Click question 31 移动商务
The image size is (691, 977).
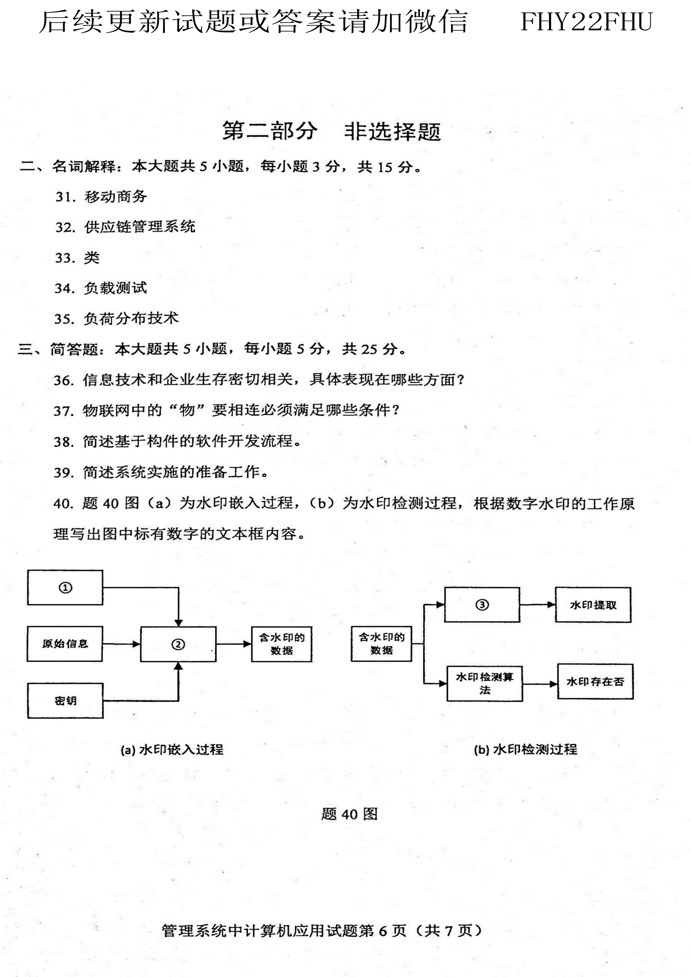point(101,197)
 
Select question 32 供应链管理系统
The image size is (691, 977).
point(125,227)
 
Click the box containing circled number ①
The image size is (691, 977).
point(65,587)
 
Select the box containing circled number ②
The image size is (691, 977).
point(178,644)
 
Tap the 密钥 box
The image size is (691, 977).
point(65,701)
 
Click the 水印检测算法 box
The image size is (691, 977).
point(485,683)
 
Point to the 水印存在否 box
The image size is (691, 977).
point(595,681)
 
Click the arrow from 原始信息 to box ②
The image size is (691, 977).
point(121,644)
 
